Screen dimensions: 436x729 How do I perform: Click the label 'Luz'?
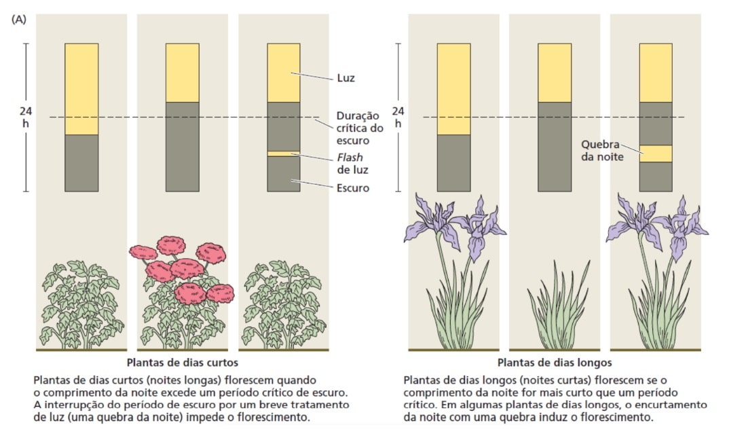345,79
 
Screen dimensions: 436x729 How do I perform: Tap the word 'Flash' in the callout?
351,158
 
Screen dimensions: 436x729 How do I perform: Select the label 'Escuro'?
353,188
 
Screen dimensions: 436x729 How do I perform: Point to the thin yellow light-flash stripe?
284,153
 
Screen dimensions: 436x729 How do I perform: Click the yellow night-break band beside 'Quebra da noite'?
656,153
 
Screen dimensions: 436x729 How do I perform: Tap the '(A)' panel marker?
19,20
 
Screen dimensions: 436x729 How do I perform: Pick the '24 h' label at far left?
26,117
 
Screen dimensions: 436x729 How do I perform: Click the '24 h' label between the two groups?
398,117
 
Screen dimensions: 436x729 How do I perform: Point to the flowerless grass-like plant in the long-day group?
555,306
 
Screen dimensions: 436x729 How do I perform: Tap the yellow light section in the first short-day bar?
81,88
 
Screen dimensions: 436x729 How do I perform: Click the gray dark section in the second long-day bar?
555,146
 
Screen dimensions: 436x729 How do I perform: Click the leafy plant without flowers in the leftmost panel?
81,306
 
